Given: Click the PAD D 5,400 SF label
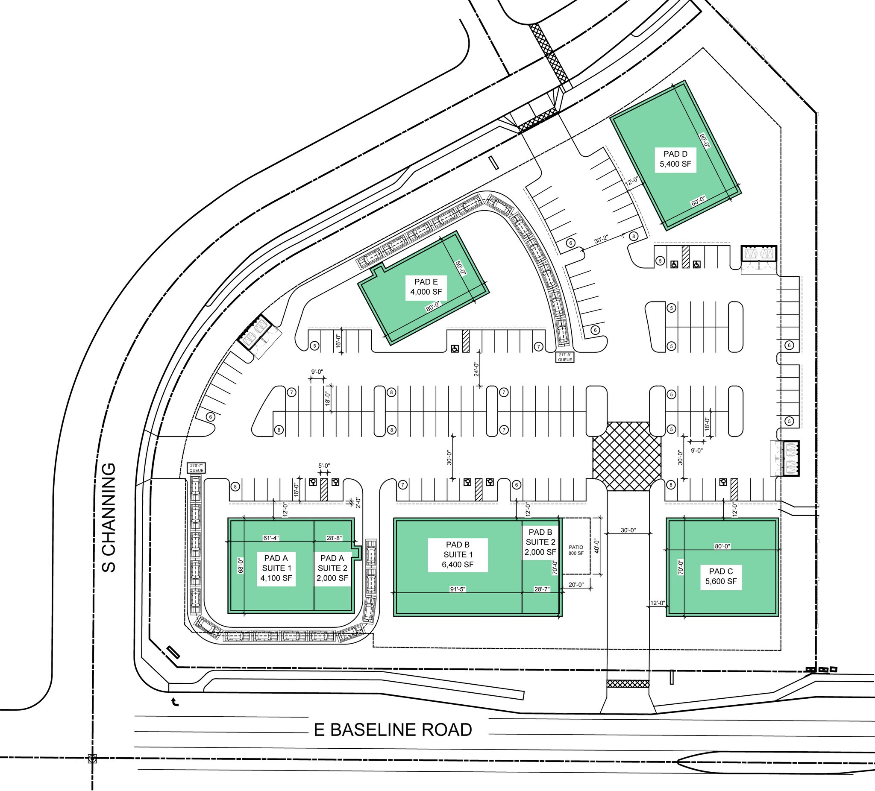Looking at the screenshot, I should point(675,159).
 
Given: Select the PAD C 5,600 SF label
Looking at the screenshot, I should point(721,576).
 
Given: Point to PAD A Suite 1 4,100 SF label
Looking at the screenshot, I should point(276,568).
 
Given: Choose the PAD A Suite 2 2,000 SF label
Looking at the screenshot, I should point(332,568).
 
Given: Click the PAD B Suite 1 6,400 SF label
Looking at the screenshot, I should point(458,554).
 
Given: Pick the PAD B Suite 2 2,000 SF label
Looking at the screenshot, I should point(540,542).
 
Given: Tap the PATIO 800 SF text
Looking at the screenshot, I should point(576,550).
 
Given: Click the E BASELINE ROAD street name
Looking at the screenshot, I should point(393,730).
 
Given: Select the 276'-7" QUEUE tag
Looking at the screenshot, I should point(196,468).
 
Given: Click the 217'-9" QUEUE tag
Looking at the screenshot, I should point(565,357).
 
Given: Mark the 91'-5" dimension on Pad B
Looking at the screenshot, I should point(458,589).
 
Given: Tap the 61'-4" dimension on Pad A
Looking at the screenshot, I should point(271,538).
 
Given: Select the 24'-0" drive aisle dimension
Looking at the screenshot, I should point(476,369).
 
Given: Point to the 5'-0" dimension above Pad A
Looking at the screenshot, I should point(324,466).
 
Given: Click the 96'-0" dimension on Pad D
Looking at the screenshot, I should point(705,140).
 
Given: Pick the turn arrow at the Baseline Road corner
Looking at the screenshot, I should point(175,702).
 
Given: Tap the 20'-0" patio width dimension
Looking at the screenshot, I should point(576,584).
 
